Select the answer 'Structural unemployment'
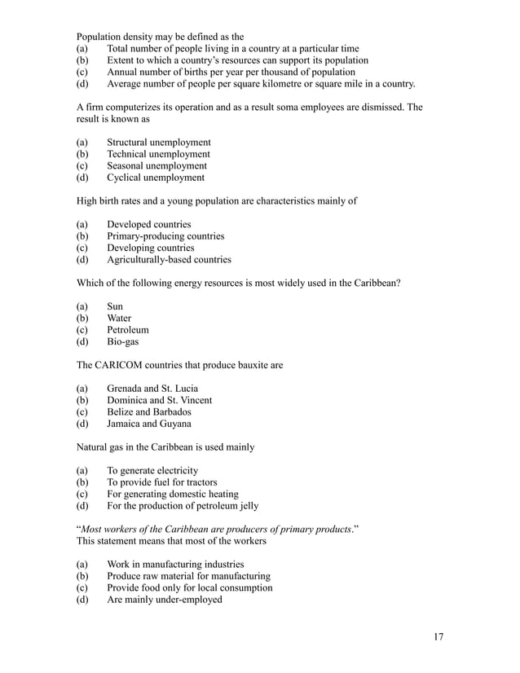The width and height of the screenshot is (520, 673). [158, 143]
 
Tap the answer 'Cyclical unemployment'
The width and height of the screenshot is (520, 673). [155, 178]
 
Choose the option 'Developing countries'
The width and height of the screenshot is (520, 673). [150, 248]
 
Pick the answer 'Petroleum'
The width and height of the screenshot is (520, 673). [127, 330]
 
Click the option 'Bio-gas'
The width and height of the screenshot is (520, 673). [122, 342]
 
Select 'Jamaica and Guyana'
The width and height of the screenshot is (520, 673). [149, 424]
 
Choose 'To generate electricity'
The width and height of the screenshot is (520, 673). [152, 471]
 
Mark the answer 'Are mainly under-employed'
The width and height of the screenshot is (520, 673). [164, 600]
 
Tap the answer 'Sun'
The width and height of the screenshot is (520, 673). [115, 306]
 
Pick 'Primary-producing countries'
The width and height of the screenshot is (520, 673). [165, 236]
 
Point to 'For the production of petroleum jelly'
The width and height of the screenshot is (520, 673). [183, 506]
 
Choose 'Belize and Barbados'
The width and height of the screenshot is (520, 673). [149, 412]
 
